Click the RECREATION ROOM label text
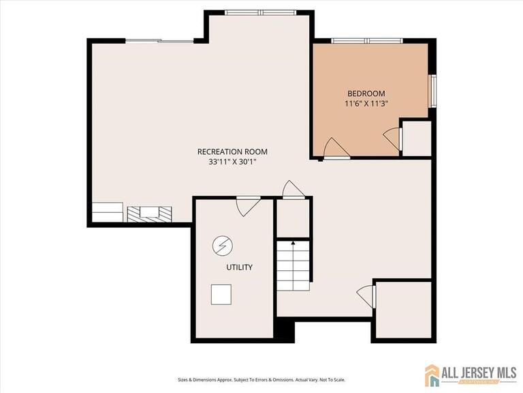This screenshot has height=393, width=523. pyautogui.click(x=232, y=151)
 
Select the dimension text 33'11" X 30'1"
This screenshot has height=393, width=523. pyautogui.click(x=232, y=162)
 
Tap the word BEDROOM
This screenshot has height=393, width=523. pyautogui.click(x=366, y=93)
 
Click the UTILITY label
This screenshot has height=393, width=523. pyautogui.click(x=239, y=267)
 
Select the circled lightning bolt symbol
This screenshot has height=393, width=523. pyautogui.click(x=221, y=244)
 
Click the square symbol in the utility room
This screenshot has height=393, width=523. pyautogui.click(x=221, y=294)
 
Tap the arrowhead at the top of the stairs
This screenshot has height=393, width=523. pyautogui.click(x=294, y=242)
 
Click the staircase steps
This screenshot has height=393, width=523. pyautogui.click(x=294, y=266)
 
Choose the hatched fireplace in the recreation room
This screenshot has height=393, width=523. pyautogui.click(x=150, y=213)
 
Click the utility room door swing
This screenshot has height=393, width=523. pyautogui.click(x=248, y=205)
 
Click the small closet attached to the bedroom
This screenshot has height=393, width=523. pyautogui.click(x=417, y=139)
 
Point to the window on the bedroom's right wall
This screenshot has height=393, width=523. pyautogui.click(x=432, y=91)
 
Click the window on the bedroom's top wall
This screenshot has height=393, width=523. pyautogui.click(x=366, y=41)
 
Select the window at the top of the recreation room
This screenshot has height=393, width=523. pyautogui.click(x=259, y=12)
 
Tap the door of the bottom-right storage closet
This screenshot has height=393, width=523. pyautogui.click(x=366, y=296)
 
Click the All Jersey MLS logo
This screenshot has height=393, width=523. pyautogui.click(x=471, y=375)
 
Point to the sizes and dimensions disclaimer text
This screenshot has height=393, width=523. pyautogui.click(x=261, y=379)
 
